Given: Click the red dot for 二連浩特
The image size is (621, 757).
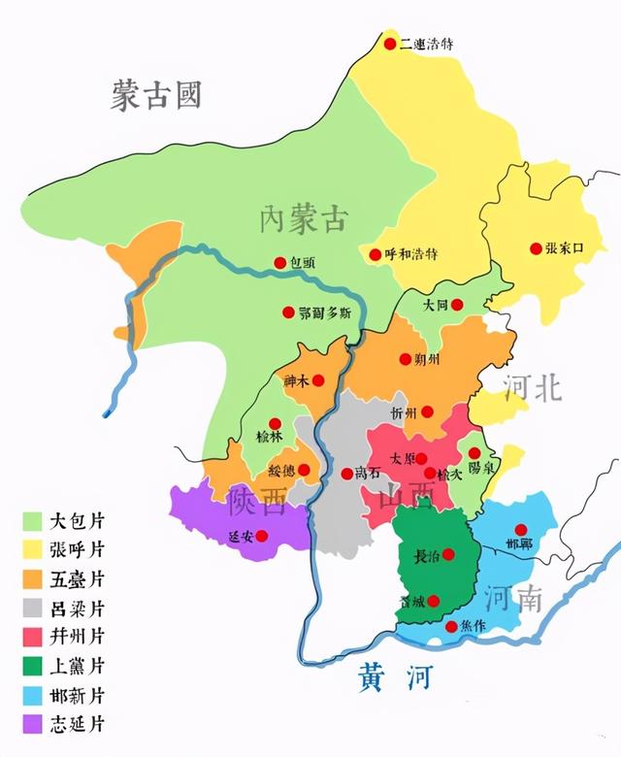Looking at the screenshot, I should click(390, 44).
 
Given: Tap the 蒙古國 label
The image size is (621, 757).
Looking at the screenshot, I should click(155, 96).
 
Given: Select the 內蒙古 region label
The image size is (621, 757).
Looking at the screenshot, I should click(303, 219).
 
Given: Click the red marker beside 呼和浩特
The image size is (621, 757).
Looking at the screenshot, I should click(376, 254).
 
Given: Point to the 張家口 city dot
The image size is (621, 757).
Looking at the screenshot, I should click(536, 248).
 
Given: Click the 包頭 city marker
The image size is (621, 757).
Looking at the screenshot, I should click(280, 263).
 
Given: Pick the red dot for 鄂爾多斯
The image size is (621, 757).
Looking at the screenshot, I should click(288, 313).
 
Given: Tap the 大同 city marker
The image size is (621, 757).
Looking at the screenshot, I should click(457, 305).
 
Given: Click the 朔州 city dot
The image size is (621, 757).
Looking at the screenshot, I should click(406, 359).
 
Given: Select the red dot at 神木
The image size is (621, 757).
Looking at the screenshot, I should click(317, 380).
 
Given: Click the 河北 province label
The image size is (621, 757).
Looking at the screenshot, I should click(533, 387).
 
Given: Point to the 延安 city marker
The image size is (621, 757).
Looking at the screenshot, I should click(260, 535).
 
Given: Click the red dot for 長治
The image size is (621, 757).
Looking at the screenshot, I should click(448, 554).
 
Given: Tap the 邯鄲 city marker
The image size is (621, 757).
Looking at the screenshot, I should click(521, 530).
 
